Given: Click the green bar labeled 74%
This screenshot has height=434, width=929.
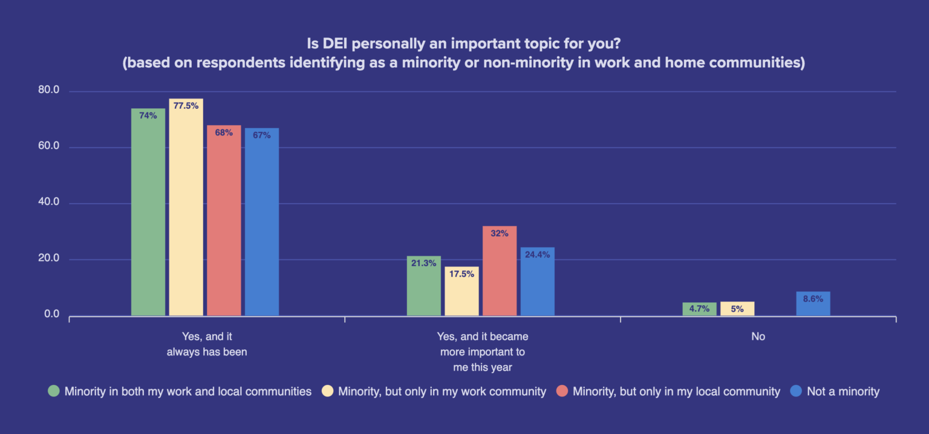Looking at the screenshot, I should (x=148, y=212).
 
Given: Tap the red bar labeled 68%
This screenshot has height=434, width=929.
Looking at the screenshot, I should (x=224, y=221).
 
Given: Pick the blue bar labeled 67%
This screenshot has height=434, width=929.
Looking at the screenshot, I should (x=262, y=222).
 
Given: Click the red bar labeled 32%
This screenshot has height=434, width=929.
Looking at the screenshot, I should (x=500, y=271).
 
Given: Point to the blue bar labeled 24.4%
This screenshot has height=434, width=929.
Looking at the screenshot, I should (x=538, y=281).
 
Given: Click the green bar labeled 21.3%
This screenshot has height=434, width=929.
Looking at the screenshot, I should (x=424, y=286).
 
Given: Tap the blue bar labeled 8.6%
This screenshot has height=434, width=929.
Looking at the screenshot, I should (x=813, y=303).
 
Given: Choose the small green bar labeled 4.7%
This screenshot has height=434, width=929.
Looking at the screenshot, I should (x=699, y=309).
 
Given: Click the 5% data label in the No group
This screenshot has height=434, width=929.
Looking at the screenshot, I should (x=737, y=309).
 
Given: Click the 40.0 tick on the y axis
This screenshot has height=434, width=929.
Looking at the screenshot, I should (x=48, y=202).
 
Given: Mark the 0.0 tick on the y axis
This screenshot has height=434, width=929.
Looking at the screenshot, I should (x=50, y=314).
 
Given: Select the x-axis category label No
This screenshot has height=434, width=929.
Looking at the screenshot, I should (x=758, y=337).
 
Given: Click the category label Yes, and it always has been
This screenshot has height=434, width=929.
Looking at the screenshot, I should (x=207, y=344).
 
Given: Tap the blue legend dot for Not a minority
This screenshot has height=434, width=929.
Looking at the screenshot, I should (x=796, y=391).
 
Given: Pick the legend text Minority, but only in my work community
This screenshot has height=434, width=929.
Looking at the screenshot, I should (x=442, y=391).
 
